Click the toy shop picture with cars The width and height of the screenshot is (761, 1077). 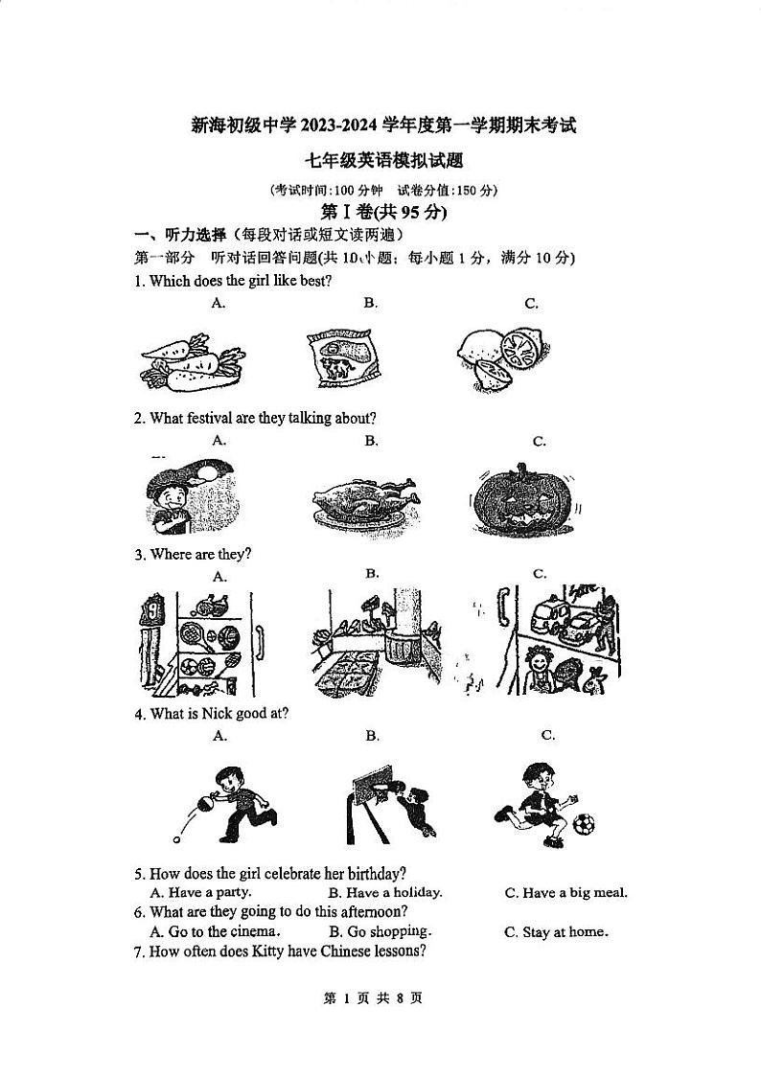pyautogui.click(x=556, y=637)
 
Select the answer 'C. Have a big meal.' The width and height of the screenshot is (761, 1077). pyautogui.click(x=565, y=893)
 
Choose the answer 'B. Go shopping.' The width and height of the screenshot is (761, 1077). pyautogui.click(x=380, y=931)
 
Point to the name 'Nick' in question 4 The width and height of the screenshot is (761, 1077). pyautogui.click(x=207, y=714)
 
